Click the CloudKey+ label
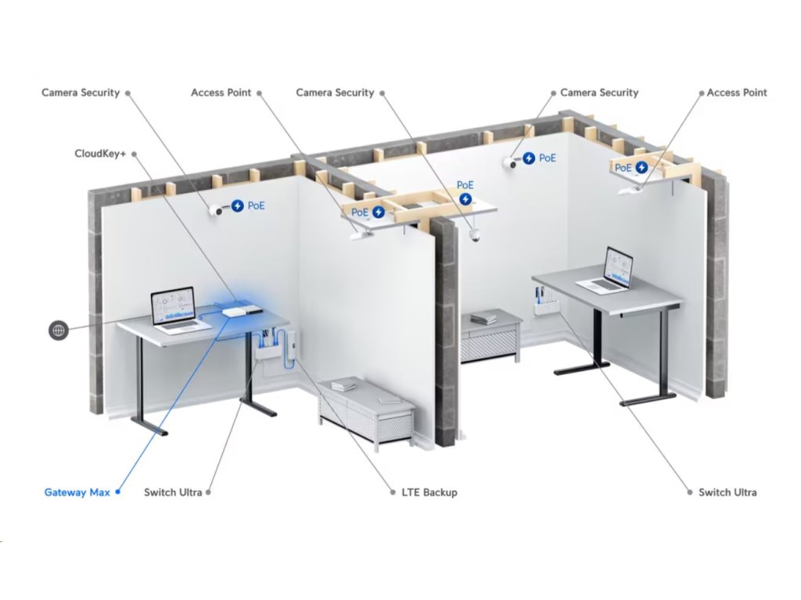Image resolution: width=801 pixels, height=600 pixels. [100, 154]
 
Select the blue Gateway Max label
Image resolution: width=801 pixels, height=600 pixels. [77, 492]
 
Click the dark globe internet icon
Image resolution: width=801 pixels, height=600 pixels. [58, 330]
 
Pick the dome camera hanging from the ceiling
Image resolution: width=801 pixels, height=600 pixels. [474, 236]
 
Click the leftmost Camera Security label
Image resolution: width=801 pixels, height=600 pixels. [81, 92]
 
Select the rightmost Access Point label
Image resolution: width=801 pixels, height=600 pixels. [737, 92]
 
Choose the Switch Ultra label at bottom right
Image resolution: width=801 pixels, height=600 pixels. [727, 492]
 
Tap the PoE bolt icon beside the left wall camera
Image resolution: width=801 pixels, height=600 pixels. [237, 206]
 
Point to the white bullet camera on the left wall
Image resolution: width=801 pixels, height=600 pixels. [216, 209]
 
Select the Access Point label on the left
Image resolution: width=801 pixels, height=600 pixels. [221, 92]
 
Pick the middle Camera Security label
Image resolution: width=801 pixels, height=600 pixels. [335, 92]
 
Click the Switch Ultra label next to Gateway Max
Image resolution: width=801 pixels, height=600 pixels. [173, 492]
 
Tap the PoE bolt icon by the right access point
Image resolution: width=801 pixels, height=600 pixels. [641, 167]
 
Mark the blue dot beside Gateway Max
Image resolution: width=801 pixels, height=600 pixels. [117, 492]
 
